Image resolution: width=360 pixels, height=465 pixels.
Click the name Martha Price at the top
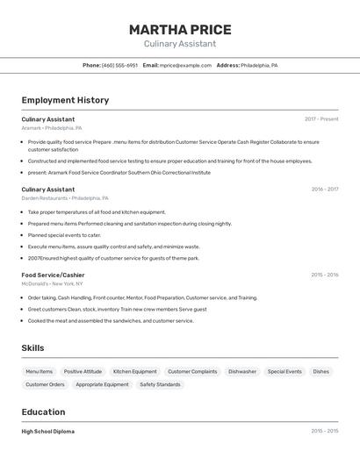[180, 30]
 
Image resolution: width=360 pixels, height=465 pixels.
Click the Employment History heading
[65, 100]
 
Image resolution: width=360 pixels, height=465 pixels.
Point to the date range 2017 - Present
[321, 119]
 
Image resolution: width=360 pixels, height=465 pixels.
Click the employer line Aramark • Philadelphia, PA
[52, 128]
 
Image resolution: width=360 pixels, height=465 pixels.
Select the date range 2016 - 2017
[324, 190]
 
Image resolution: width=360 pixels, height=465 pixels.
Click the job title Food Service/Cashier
[53, 275]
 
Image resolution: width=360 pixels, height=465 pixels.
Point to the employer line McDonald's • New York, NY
[52, 283]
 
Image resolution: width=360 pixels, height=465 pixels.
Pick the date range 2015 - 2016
[324, 275]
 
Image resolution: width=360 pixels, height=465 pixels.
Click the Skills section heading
[32, 348]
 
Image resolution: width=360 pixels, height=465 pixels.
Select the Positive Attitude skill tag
[83, 371]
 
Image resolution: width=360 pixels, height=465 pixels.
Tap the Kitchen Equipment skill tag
[134, 371]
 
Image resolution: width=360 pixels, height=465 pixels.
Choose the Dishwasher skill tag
[242, 371]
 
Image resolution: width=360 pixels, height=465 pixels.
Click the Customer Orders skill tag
[45, 384]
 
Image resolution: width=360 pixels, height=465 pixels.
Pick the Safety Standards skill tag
[160, 384]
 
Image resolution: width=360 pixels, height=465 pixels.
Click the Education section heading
[43, 411]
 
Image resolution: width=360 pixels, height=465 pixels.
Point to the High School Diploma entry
[48, 432]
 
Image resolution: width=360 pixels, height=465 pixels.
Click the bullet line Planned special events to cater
[64, 235]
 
